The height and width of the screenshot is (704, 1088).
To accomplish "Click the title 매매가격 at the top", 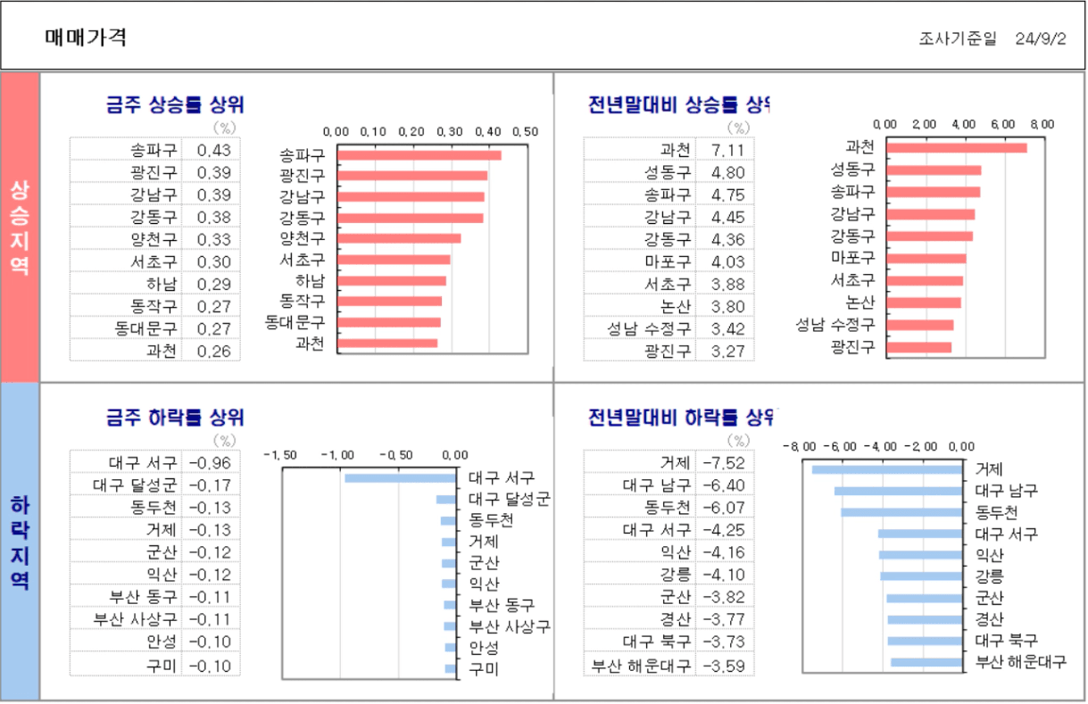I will pyautogui.click(x=86, y=37).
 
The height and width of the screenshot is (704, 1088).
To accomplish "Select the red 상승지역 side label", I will pyautogui.click(x=20, y=228).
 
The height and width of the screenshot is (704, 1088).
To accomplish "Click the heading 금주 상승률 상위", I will pyautogui.click(x=175, y=104).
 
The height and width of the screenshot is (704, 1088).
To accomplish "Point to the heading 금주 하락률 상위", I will pyautogui.click(x=175, y=417).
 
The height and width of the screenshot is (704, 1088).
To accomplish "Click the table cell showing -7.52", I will pyautogui.click(x=723, y=463).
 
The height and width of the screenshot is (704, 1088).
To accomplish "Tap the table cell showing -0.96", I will pyautogui.click(x=210, y=463).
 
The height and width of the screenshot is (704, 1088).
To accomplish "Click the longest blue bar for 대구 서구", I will pyautogui.click(x=400, y=478).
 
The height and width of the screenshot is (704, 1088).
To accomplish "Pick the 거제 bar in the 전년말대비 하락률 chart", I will pyautogui.click(x=886, y=469).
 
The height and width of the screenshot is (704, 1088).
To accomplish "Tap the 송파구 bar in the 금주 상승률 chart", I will pyautogui.click(x=419, y=154).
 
